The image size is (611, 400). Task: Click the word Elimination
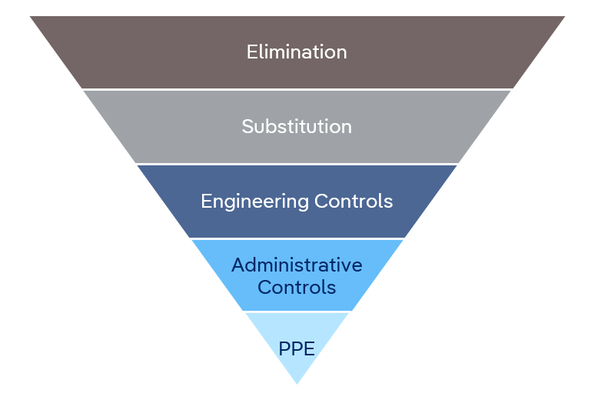coord(297,52)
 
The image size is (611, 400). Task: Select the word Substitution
coord(297,126)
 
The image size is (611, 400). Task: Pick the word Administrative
coord(297,265)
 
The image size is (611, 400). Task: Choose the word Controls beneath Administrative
coord(297,288)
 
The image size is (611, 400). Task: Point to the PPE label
coord(297,348)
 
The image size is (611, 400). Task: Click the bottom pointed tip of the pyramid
coord(297,382)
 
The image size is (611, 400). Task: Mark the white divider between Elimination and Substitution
coord(297,90)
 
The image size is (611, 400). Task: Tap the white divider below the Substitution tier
coord(297,164)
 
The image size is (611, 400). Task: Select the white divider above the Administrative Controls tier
coord(297,238)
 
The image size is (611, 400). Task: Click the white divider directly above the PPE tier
coord(297,312)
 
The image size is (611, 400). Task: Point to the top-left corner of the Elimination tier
coord(32,17)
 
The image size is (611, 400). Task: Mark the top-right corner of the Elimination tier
coord(563,17)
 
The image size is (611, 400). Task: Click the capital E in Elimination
coord(251,52)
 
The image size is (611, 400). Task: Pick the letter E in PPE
coord(310,348)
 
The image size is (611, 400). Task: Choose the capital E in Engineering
coord(205,202)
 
